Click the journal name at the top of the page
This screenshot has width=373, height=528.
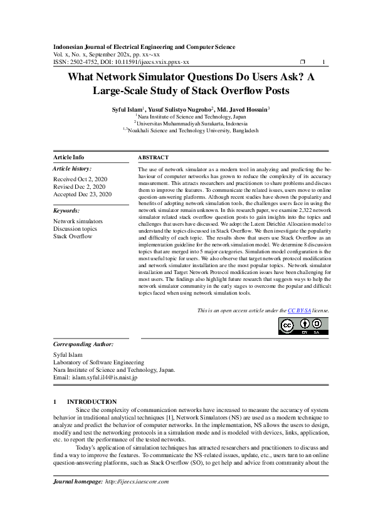[144, 47]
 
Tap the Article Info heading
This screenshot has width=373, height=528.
[69, 157]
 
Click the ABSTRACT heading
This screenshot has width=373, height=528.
[152, 157]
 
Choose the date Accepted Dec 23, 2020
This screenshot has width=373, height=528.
[82, 194]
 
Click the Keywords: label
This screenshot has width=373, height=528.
[66, 211]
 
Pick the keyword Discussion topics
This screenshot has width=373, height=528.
[75, 229]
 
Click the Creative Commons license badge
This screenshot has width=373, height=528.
[303, 326]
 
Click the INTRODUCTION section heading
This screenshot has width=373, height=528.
[92, 401]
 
